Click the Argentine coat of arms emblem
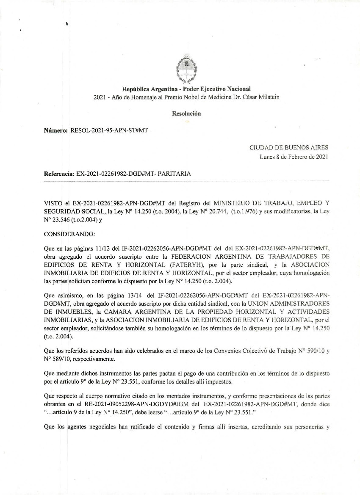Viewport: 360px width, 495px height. click(x=186, y=69)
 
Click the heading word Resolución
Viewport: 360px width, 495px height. click(x=186, y=113)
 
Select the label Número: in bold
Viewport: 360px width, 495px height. click(x=56, y=130)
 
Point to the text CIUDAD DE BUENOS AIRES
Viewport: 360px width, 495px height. click(x=289, y=148)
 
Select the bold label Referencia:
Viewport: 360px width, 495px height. click(x=59, y=174)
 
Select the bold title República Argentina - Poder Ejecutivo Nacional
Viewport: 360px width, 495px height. click(x=186, y=89)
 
